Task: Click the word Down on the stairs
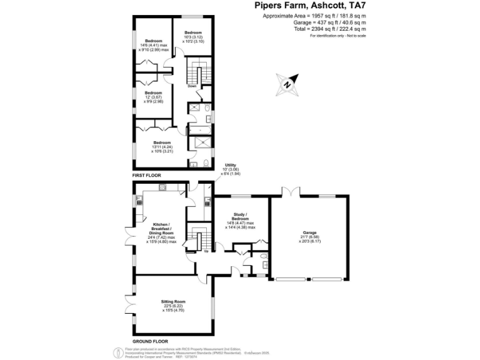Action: [x=192, y=86]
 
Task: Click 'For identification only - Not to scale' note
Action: [x=338, y=36]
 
